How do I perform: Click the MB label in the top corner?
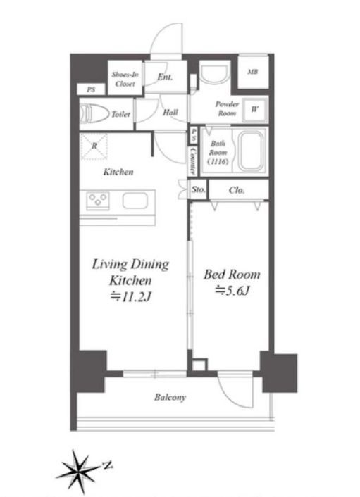click(x=252, y=72)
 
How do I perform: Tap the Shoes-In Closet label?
click(x=125, y=80)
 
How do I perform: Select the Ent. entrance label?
click(x=165, y=77)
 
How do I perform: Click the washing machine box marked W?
click(x=255, y=109)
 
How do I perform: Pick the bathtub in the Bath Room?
click(x=250, y=151)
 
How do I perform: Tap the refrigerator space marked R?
click(x=94, y=146)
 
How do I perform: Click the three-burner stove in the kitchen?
click(x=98, y=201)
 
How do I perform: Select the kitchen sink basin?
click(x=135, y=201)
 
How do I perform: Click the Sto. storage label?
click(x=198, y=189)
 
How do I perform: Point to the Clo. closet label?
click(x=237, y=190)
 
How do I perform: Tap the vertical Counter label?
click(x=192, y=161)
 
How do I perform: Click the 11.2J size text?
click(x=130, y=296)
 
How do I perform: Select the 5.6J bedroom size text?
click(x=232, y=290)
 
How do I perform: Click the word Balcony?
click(x=170, y=397)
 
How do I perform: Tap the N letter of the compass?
click(x=108, y=465)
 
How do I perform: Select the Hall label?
click(x=170, y=112)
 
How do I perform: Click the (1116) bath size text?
click(x=218, y=161)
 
